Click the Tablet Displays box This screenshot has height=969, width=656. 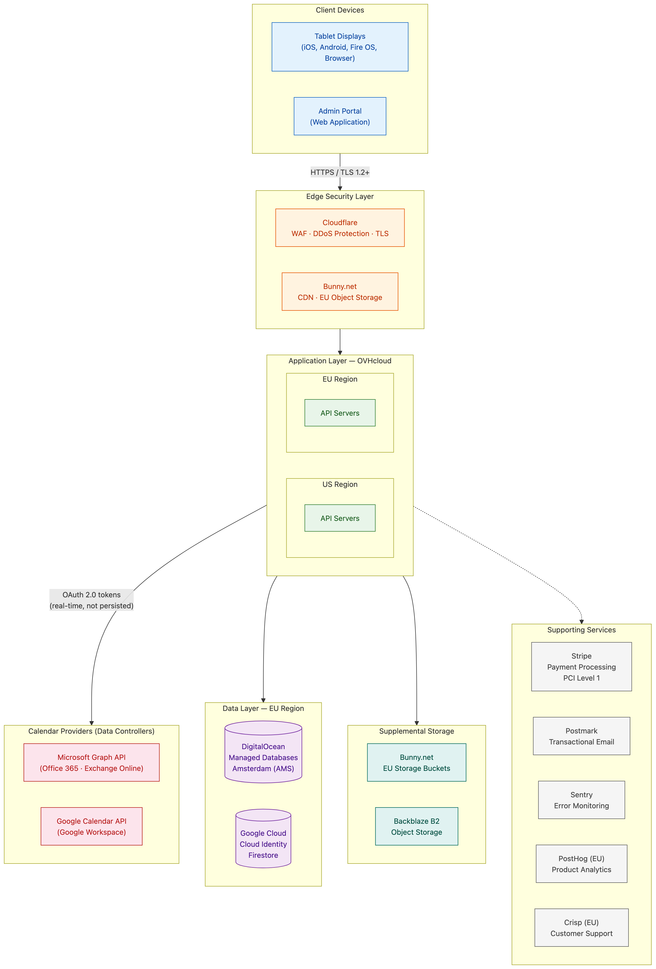point(340,47)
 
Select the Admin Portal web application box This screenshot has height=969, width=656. point(340,116)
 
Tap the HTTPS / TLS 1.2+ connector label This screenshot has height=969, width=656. point(340,172)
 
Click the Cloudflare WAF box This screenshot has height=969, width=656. point(340,228)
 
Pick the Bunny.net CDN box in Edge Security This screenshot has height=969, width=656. point(340,291)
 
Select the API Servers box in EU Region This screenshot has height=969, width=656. point(340,413)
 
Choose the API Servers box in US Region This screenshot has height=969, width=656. point(340,518)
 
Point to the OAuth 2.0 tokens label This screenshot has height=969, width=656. point(91,600)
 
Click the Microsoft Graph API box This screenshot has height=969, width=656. point(91,762)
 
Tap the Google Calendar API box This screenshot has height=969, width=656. point(91,826)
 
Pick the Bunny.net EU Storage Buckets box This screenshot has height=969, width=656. point(417,762)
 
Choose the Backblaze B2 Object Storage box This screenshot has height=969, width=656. point(417,826)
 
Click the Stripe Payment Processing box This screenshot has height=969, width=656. point(581,666)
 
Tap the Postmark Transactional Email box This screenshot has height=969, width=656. point(581,736)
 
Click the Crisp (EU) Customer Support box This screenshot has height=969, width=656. point(581,927)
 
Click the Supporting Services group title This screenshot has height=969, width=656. point(581,630)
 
